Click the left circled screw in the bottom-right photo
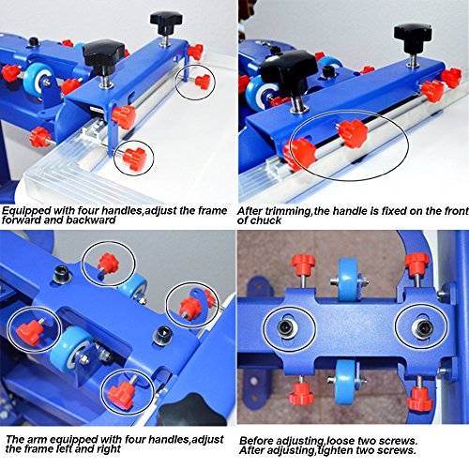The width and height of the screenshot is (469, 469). point(283,327)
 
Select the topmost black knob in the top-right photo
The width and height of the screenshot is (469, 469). point(410,35)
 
